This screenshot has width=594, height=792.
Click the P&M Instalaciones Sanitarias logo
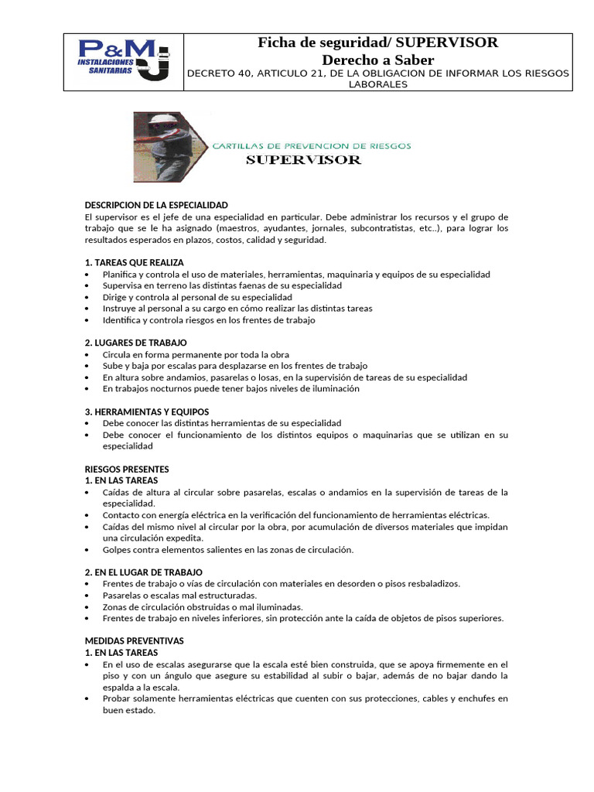pos(124,62)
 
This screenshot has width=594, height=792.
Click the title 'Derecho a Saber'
pos(377,60)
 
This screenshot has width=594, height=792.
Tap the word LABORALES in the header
pos(378,84)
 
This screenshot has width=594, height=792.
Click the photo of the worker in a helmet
pos(162,147)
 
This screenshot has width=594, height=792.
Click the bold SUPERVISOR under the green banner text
pos(303,160)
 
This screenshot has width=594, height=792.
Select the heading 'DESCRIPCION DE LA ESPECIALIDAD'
pos(156,205)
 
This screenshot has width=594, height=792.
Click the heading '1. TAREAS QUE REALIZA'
pos(134,263)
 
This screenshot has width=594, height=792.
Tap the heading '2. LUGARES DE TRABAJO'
pos(135,343)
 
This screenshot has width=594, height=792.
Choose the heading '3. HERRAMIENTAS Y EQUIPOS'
pos(146,411)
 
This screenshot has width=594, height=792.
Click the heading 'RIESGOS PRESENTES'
pos(126,469)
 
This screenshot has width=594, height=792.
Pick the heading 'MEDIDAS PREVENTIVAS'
pos(134,641)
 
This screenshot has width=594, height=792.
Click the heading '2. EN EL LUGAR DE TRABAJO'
pos(143,572)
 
